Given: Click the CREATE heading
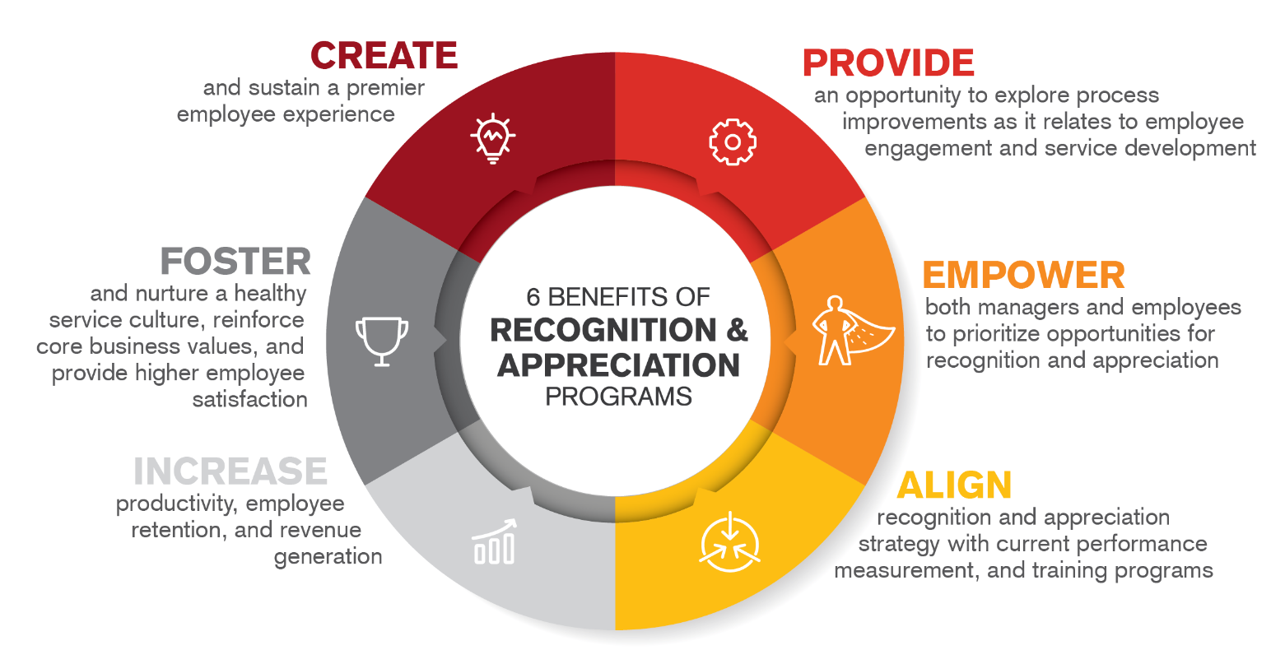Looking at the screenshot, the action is coord(384,56).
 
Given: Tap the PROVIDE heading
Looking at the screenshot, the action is coord(888,63).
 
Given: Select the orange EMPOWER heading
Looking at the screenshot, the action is coord(1023,275).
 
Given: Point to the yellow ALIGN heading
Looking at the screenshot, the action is coord(954,485).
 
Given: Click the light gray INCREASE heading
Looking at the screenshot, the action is coord(230,471).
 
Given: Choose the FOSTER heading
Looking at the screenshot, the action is coord(235,262).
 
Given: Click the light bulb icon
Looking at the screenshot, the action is coord(493,139).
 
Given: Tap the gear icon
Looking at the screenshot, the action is coord(733,142).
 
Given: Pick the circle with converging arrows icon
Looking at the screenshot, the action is coord(729,542).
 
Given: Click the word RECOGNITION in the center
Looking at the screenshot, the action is coord(603,330).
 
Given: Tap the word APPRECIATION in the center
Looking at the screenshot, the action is coord(618,365).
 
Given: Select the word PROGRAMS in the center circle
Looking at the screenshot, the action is coord(618,397).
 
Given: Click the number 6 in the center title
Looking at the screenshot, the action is coord(533,297).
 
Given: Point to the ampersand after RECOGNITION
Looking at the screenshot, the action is coord(737,330).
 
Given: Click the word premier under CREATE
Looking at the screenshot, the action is coord(385,89).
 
